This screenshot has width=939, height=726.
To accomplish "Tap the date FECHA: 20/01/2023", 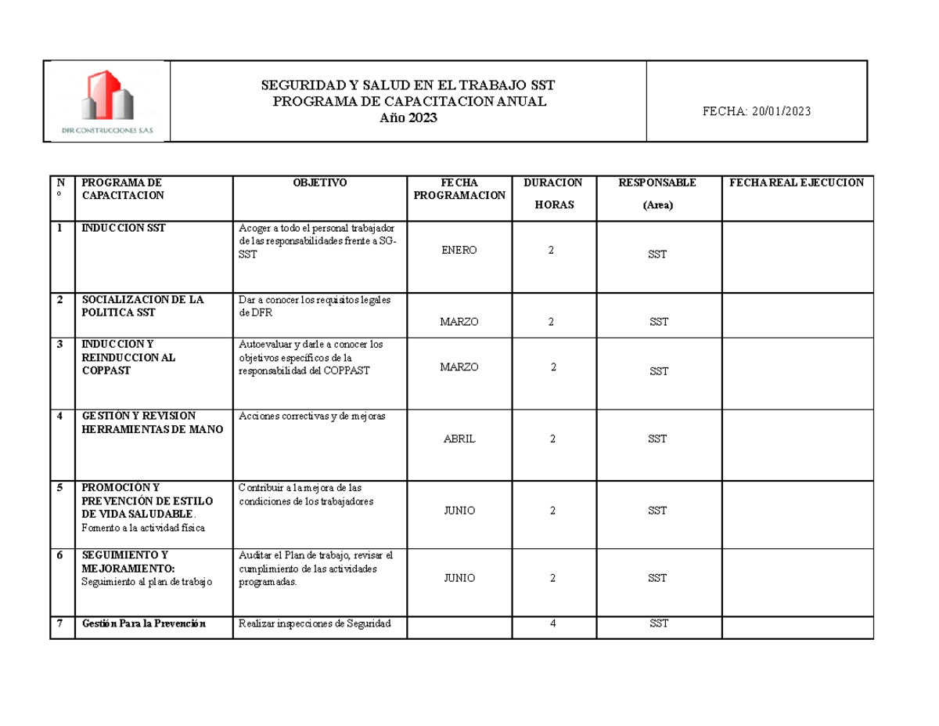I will (x=757, y=111).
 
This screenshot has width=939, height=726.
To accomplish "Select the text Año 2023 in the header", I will (x=408, y=117).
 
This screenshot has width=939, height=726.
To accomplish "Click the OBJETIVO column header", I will (x=319, y=183).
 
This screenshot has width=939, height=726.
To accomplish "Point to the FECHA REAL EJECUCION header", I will (x=797, y=183).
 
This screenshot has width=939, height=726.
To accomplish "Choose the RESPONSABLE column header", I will (x=657, y=183).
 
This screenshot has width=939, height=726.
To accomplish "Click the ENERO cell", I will (x=459, y=250).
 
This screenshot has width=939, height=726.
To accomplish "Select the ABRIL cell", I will (x=459, y=439).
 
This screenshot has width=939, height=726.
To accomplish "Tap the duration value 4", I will (x=552, y=624).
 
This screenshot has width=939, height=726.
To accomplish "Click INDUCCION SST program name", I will (x=123, y=229).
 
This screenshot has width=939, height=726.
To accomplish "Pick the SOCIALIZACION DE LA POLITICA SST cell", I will (x=142, y=306).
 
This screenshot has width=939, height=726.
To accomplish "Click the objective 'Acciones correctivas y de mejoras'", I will (x=312, y=417).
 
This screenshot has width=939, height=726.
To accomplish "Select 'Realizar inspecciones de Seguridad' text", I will (x=314, y=624).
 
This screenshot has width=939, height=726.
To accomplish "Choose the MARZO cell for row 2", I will (x=459, y=322).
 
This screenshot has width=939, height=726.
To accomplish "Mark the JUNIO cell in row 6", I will (x=459, y=578).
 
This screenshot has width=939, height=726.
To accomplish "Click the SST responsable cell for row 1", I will (x=657, y=255).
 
